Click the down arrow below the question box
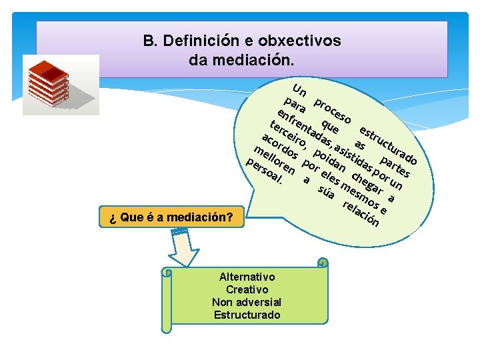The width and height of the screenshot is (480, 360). coord(182,247)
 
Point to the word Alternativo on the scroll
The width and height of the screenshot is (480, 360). coord(247,277)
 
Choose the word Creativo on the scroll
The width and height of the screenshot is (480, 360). coord(247,289)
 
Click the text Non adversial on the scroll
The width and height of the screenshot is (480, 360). coord(247,302)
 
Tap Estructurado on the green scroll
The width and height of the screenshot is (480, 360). coord(247,315)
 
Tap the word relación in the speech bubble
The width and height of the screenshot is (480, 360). coord(361,211)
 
